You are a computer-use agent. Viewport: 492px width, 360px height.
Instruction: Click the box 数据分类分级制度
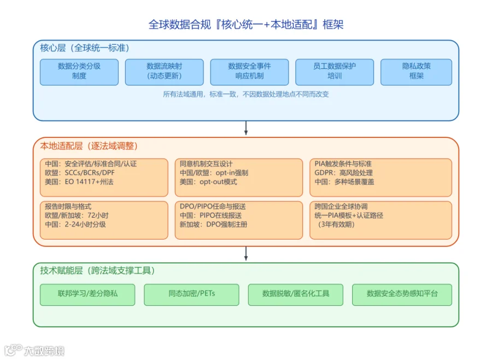[79, 72]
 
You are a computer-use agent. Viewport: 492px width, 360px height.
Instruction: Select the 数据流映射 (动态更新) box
[164, 72]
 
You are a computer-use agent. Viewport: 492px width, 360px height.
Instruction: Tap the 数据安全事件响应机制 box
[249, 72]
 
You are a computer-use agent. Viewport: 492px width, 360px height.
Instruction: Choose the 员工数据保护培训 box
[335, 72]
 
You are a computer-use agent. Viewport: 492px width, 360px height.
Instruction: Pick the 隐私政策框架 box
[416, 72]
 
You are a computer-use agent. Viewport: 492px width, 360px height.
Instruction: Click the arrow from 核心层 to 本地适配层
[246, 128]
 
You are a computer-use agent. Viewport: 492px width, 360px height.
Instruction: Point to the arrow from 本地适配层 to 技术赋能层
[246, 253]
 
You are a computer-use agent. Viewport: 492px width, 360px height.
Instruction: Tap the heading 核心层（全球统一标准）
[85, 48]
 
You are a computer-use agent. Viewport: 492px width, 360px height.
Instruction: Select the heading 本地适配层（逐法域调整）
[89, 146]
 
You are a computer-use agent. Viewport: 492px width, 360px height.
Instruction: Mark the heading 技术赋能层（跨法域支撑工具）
[97, 270]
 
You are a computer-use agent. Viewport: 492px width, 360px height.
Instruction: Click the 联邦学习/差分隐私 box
[87, 295]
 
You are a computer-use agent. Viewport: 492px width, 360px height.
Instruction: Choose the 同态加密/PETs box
[191, 295]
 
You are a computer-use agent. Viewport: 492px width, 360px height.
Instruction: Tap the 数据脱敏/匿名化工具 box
[296, 295]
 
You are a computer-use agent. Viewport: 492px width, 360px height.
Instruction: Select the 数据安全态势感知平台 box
[402, 295]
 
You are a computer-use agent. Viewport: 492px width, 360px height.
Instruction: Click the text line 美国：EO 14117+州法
[79, 182]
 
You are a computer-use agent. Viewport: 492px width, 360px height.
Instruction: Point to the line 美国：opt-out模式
[208, 182]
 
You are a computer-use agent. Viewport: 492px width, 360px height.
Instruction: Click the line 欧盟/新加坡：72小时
[77, 215]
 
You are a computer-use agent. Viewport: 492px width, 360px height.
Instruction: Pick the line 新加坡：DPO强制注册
[213, 224]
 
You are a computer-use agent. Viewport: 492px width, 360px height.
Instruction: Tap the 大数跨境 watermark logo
[34, 350]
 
